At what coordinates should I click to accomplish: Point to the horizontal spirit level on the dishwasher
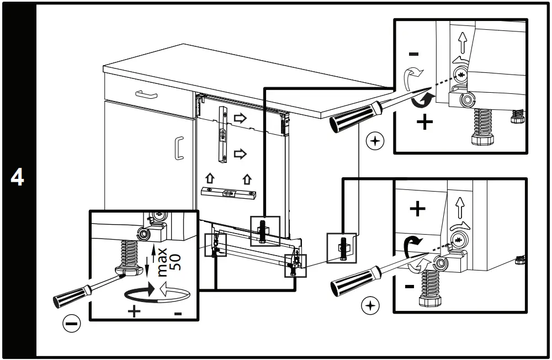point(228,193)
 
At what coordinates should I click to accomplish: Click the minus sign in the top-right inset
point(414,54)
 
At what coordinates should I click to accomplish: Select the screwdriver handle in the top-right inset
point(351,117)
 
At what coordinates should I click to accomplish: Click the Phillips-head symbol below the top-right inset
point(375,142)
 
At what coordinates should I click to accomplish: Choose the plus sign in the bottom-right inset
point(417,209)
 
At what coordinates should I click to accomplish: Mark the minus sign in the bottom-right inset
point(409,287)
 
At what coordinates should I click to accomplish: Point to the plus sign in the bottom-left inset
point(134,312)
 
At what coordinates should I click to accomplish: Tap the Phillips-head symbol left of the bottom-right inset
point(369,305)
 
